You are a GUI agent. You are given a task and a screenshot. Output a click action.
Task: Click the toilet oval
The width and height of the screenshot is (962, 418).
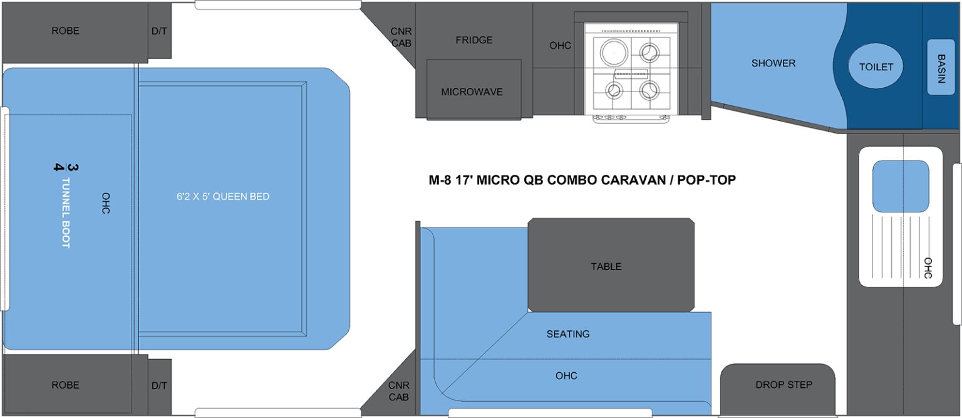(876, 66)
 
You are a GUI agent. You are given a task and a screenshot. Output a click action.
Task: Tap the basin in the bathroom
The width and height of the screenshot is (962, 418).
(941, 67)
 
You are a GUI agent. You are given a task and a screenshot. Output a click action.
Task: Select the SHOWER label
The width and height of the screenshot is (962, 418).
(773, 63)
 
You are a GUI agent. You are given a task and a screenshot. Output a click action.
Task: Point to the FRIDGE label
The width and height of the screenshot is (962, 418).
(473, 40)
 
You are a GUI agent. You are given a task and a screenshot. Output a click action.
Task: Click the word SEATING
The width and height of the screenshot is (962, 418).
(568, 334)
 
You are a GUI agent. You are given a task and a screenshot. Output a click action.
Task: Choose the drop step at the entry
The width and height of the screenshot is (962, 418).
(783, 385)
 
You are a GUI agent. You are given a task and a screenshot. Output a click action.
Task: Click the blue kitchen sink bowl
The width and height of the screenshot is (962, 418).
(901, 186)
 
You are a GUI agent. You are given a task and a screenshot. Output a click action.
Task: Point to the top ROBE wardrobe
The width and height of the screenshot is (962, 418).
(66, 31)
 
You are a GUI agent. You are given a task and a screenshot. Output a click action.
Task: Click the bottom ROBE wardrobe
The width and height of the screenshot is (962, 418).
(66, 385)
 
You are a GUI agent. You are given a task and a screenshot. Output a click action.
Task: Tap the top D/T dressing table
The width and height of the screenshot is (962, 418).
(160, 31)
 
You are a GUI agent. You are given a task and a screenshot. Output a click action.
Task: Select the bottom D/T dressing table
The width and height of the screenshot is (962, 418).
(160, 385)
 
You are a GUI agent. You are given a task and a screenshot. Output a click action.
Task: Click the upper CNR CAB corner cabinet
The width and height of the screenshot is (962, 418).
(400, 36)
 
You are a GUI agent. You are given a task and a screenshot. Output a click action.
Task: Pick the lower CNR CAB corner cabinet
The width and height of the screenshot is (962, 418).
(398, 391)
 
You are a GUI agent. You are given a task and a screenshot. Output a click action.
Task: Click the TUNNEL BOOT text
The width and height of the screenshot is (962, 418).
(65, 213)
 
